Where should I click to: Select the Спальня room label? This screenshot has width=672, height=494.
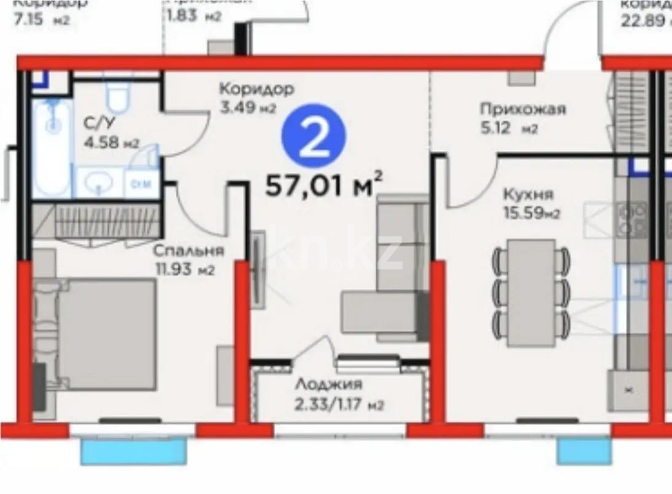point(188,251)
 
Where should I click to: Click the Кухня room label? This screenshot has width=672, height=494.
point(528,195)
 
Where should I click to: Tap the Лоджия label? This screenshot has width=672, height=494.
point(328,385)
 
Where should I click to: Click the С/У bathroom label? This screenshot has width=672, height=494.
point(96,122)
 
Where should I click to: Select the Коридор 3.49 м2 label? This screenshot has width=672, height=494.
point(257,98)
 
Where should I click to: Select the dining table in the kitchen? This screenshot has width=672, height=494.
point(531,291)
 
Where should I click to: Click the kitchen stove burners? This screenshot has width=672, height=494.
point(632,220)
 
